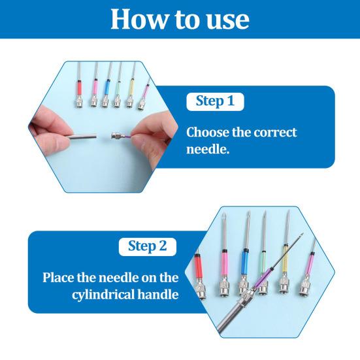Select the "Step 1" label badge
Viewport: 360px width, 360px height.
(x=215, y=101)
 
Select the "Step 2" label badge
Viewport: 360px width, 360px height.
(x=148, y=246)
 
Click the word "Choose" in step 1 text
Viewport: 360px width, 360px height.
(x=208, y=133)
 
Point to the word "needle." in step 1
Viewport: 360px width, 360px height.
(x=208, y=150)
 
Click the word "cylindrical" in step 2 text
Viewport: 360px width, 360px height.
(x=103, y=295)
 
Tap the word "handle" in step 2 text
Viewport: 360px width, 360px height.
(x=157, y=293)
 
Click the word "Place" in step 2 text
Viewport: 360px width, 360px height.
(x=58, y=277)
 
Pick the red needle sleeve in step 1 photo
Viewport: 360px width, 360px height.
(x=80, y=88)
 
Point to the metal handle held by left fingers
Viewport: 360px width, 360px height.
(x=81, y=137)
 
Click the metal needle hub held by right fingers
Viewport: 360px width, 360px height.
(x=118, y=135)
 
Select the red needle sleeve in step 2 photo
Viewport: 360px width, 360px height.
(x=199, y=266)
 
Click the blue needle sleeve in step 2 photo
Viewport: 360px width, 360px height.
(x=245, y=262)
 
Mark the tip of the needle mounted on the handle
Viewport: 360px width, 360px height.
(x=303, y=233)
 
